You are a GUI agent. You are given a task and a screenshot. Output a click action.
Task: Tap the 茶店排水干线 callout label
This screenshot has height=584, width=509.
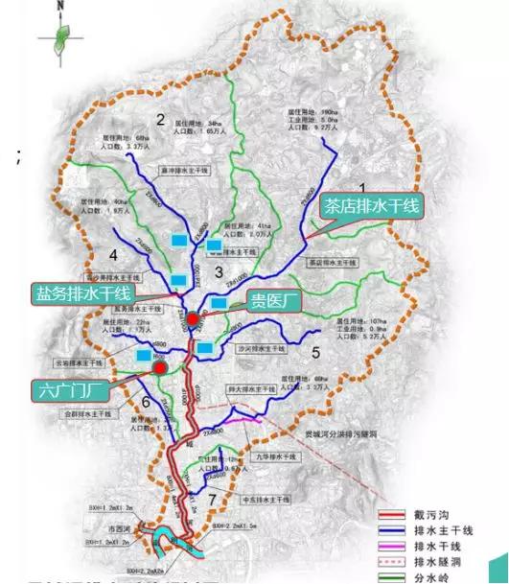pos(371,206)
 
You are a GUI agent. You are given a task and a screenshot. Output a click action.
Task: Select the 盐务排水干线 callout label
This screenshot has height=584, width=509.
pos(82,292)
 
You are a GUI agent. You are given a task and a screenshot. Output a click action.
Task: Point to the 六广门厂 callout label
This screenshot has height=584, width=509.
pos(71,390)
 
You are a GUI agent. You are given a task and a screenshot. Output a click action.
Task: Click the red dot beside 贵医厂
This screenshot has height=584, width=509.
pos(194,319)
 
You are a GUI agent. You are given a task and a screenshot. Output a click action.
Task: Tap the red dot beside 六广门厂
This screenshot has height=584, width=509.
pos(160,366)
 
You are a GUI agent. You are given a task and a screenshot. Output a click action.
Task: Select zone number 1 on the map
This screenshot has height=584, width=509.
pos(363,188)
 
